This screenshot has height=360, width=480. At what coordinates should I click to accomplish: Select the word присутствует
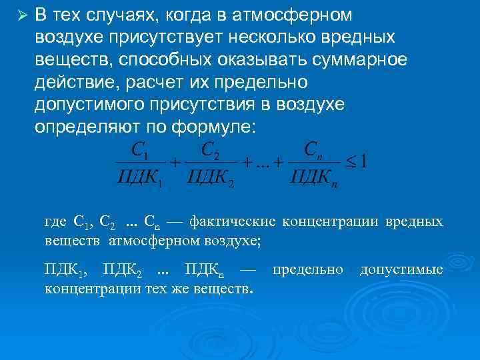pyautogui.click(x=149, y=37)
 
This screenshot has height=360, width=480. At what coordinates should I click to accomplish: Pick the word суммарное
pyautogui.click(x=348, y=60)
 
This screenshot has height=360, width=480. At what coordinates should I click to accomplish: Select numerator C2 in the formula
pyautogui.click(x=211, y=150)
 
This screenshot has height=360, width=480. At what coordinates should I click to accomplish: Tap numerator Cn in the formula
pyautogui.click(x=313, y=150)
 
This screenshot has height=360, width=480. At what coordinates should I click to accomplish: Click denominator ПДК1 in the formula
pyautogui.click(x=140, y=178)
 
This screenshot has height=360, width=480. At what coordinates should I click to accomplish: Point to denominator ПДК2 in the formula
pyautogui.click(x=211, y=178)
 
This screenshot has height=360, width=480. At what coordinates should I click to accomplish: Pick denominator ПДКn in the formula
pyautogui.click(x=313, y=178)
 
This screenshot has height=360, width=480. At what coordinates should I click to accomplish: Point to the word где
pyautogui.click(x=55, y=223)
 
